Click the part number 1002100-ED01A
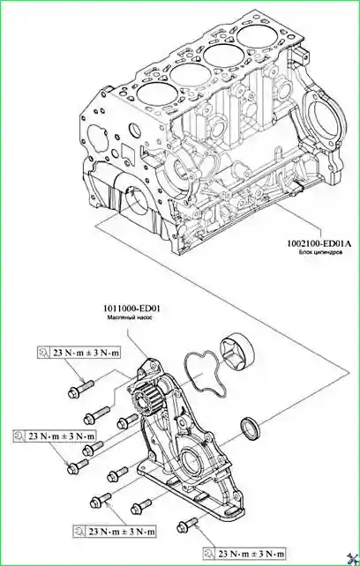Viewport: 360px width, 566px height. tap(319, 244)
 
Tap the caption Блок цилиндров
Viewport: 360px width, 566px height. tap(320, 253)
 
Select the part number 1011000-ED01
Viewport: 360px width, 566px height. tap(131, 309)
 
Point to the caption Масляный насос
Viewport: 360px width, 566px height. tap(131, 317)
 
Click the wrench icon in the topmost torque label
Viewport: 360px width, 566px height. tap(43, 353)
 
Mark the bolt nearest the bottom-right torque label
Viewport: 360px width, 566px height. tap(188, 526)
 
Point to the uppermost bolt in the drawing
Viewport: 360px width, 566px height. tap(81, 389)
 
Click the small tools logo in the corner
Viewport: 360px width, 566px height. tap(352, 558)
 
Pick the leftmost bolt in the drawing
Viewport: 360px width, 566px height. tap(78, 466)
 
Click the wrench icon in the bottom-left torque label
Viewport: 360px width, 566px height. tap(79, 532)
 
